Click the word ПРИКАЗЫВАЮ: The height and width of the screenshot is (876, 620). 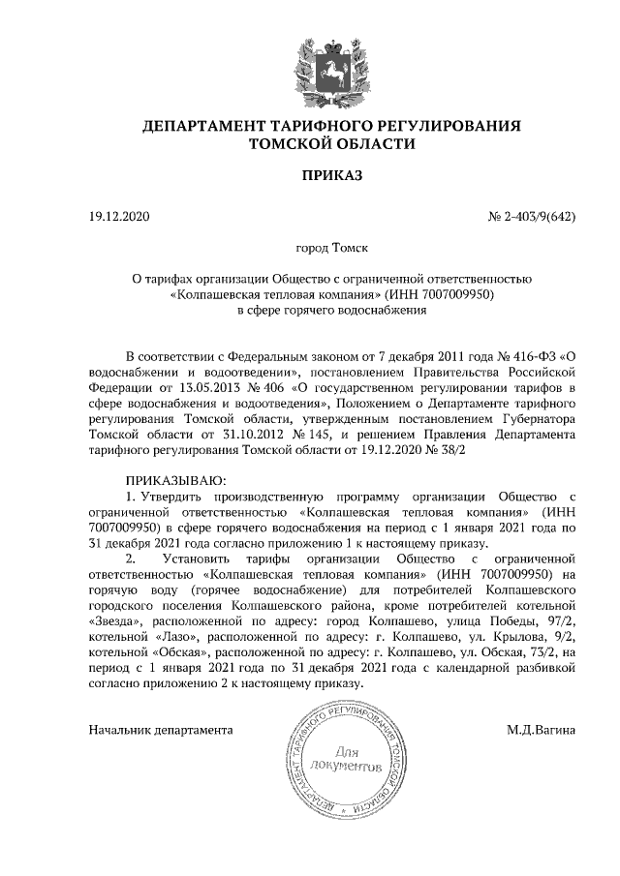[175, 481]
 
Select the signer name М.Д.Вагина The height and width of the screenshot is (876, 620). [541, 730]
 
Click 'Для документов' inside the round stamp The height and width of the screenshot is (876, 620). [346, 760]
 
